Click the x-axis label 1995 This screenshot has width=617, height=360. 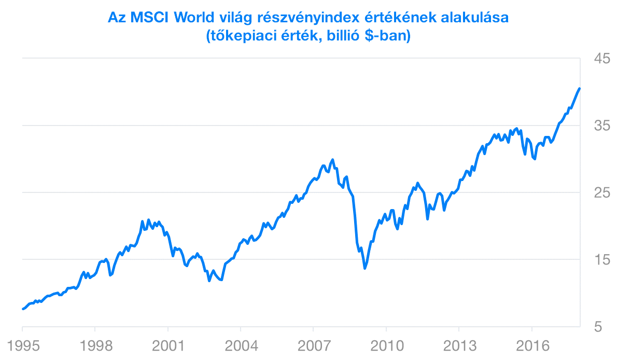coord(22,346)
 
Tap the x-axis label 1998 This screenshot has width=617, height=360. coord(95,346)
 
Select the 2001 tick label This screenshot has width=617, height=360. coord(167,346)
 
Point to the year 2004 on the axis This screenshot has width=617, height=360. coord(241,346)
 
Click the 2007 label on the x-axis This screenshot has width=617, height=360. coord(313,346)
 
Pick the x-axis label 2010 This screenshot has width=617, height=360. coord(386,346)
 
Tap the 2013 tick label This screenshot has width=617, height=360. coord(458,346)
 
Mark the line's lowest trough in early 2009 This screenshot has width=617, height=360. coord(365,268)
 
